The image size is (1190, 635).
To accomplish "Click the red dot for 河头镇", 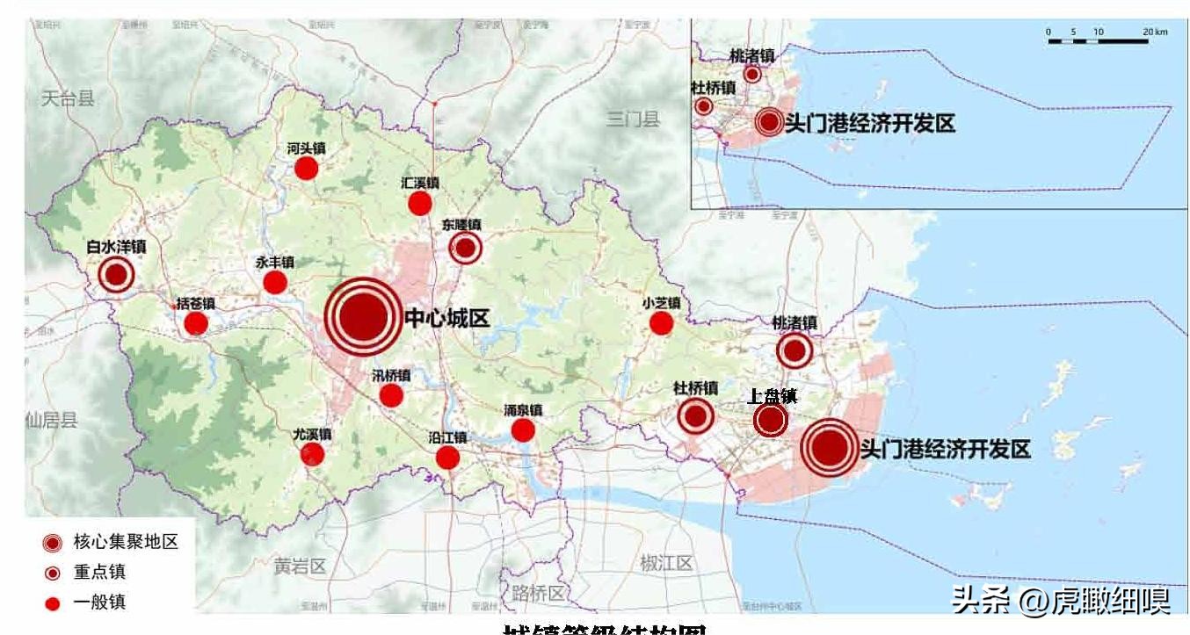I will pos(306,168).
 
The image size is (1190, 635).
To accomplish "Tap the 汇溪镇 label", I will pos(419,184).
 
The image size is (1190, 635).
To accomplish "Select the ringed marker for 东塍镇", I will pos(465,249).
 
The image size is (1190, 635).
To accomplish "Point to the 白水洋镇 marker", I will pos(116,275).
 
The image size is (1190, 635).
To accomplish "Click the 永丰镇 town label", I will pos(275,263).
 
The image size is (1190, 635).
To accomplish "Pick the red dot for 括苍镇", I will pos(196,323).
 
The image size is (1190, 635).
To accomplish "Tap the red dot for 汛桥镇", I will pos(391,395).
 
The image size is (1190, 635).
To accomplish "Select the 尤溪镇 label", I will pos(312,434).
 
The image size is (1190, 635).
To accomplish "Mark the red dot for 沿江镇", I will pos(447,458).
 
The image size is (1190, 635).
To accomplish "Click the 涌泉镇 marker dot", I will pos(523,429).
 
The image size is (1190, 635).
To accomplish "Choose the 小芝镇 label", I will pos(661,303).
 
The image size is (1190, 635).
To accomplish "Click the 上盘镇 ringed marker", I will pos(771,420).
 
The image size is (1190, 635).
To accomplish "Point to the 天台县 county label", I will pos(68,98).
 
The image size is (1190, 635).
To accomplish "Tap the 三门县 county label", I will pos(633,119).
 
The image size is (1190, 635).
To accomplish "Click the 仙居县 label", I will pos(51,420).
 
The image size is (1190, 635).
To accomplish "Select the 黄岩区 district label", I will pos(299,566).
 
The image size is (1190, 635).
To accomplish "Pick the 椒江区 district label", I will pos(666,564).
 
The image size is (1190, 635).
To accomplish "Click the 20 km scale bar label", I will pos(1155,32).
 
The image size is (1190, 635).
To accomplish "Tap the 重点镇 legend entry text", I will pos(98,572).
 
